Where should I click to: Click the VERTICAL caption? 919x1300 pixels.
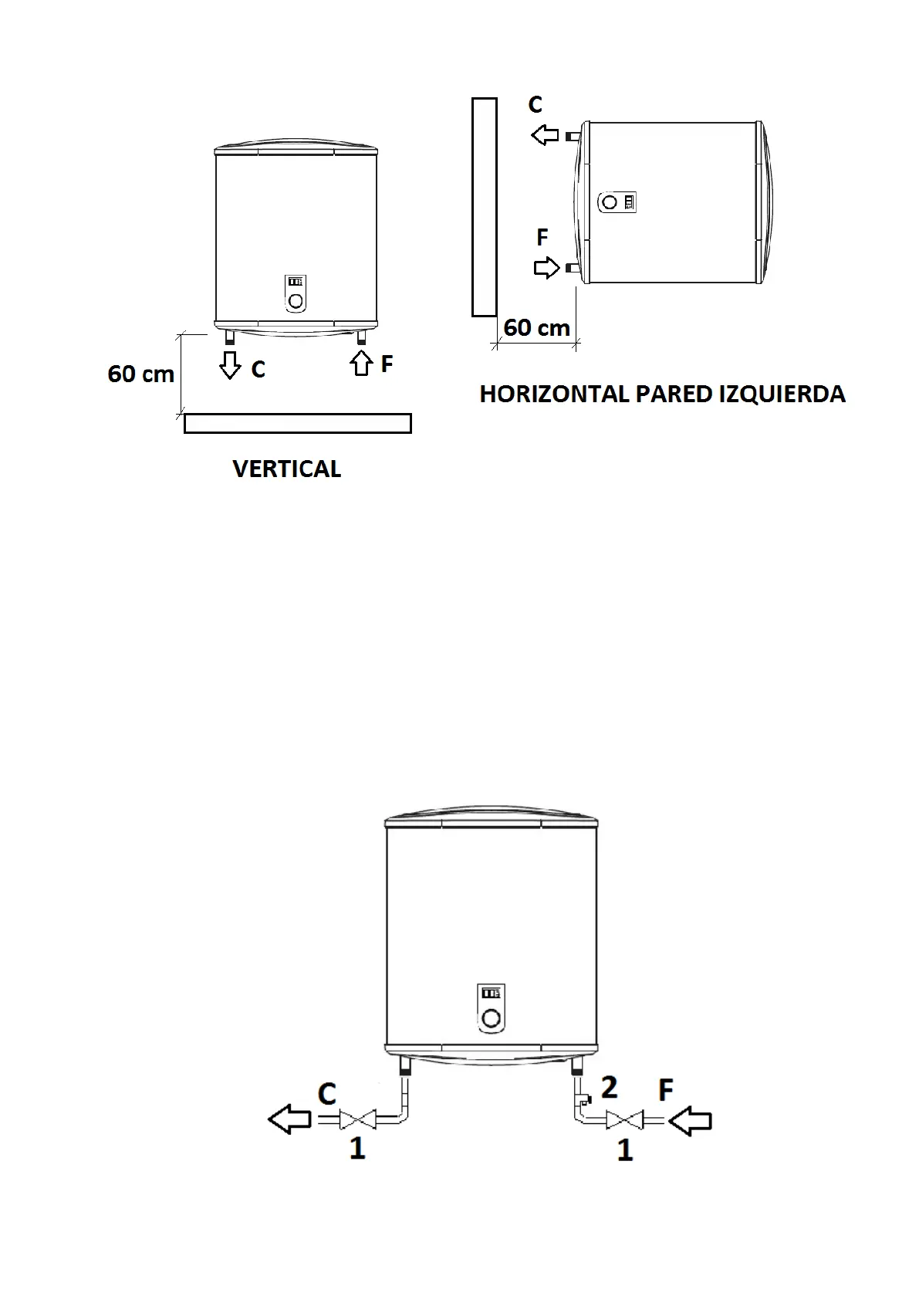(x=286, y=469)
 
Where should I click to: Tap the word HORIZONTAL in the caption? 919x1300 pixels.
(x=554, y=394)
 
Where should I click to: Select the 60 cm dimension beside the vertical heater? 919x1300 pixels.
(x=140, y=374)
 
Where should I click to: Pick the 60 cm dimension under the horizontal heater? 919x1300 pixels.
(x=536, y=328)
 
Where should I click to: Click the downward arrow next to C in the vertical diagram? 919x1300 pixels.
(x=230, y=364)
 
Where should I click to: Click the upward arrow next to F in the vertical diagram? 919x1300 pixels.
(x=361, y=363)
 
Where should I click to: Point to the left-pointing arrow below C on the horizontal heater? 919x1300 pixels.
(x=545, y=136)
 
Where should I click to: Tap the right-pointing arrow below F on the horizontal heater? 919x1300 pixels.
(x=546, y=268)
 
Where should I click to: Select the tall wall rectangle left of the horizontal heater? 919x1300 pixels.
(x=484, y=207)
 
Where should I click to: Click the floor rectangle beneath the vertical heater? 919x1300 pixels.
(x=297, y=424)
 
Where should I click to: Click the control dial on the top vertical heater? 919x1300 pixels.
(x=296, y=300)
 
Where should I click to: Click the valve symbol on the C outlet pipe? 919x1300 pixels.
(x=358, y=1119)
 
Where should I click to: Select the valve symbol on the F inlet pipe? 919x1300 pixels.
(x=623, y=1119)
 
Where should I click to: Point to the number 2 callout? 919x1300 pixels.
(x=610, y=1087)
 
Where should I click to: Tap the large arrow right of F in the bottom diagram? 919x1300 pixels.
(x=690, y=1119)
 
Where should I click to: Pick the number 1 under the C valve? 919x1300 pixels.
(x=357, y=1149)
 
